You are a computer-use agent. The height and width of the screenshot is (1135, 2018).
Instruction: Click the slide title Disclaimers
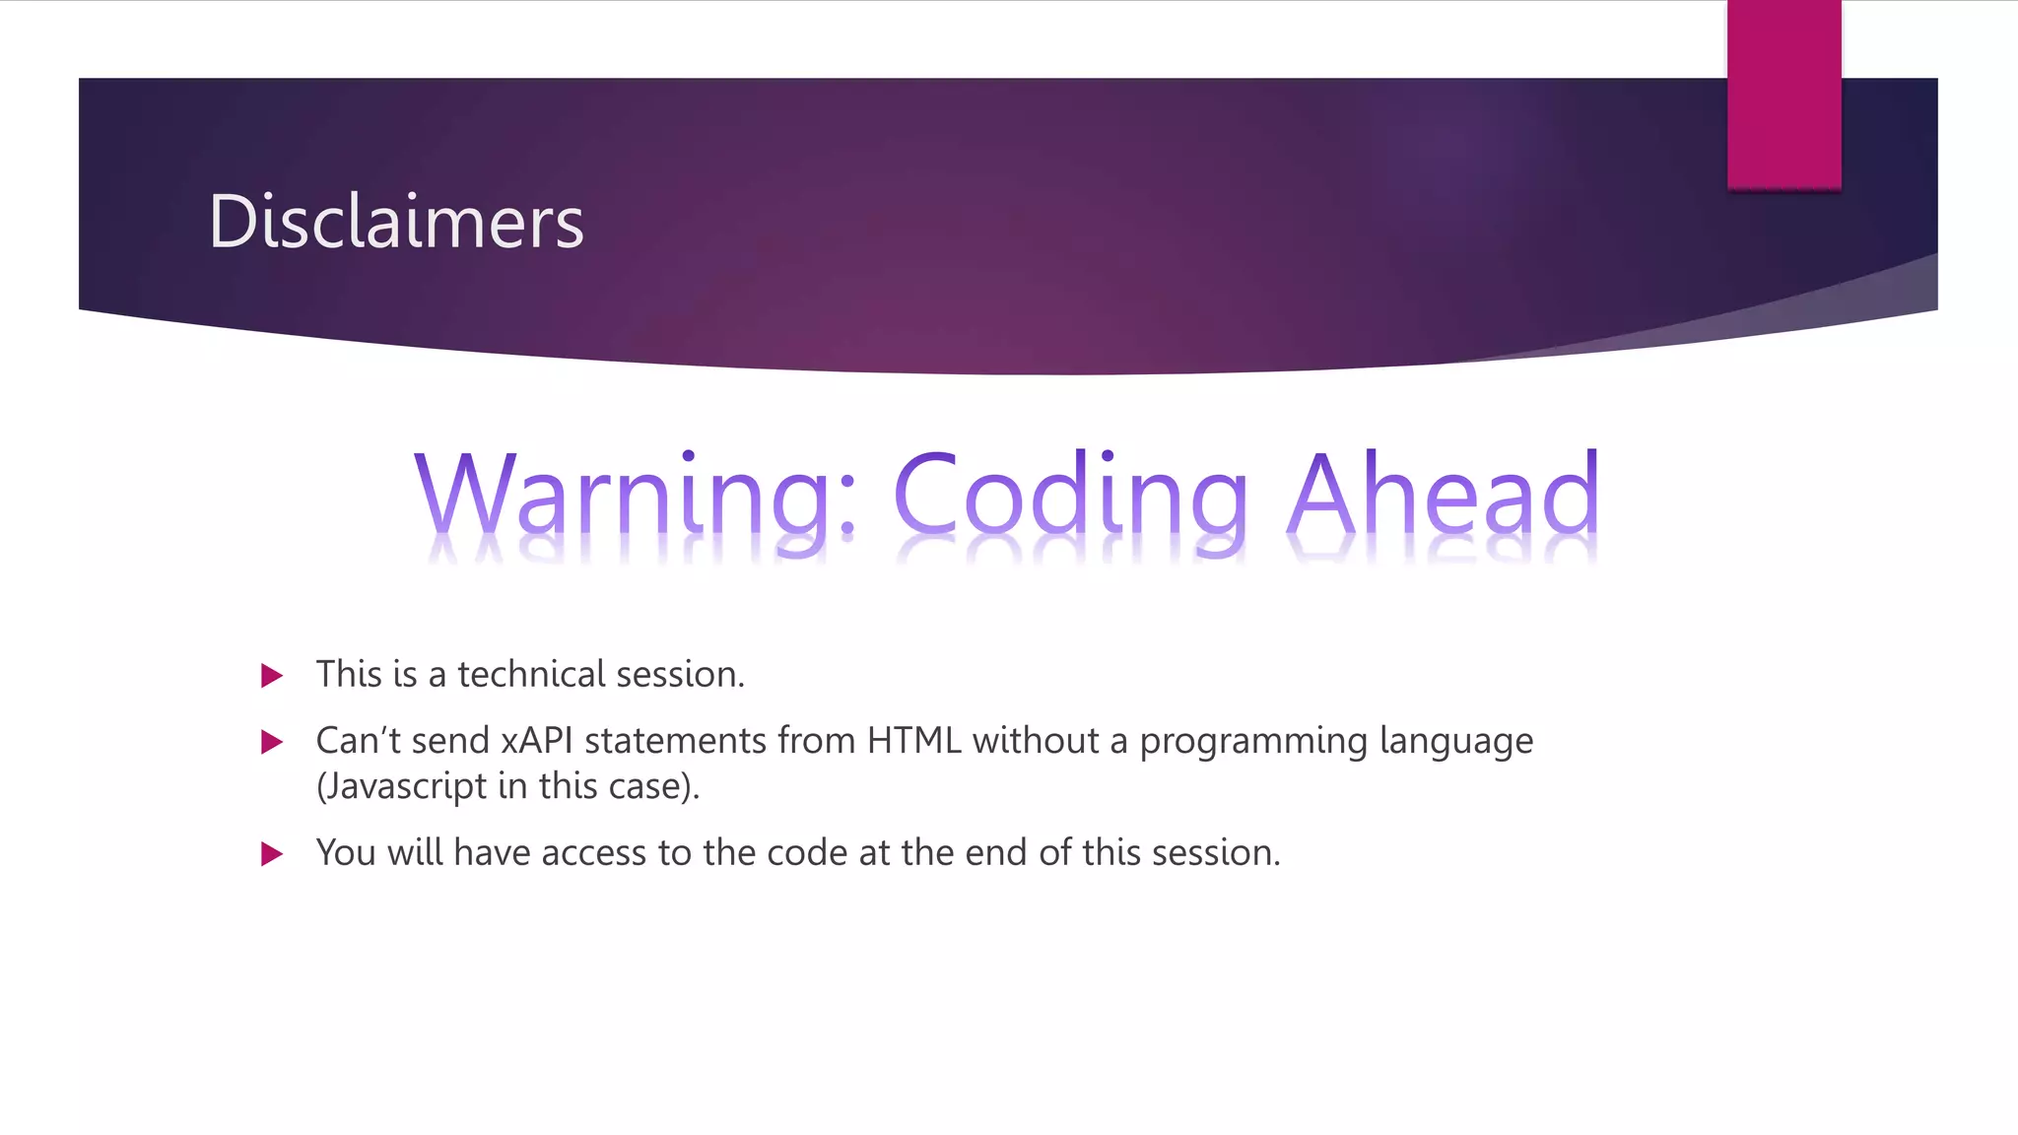(x=396, y=222)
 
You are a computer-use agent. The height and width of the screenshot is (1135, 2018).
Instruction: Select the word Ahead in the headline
(x=1444, y=493)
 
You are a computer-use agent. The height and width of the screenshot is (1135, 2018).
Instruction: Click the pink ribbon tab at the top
(x=1783, y=95)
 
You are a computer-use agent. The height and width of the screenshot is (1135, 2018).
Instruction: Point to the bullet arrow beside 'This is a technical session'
(x=272, y=676)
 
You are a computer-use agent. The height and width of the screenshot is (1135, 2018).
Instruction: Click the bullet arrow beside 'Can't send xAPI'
(x=272, y=742)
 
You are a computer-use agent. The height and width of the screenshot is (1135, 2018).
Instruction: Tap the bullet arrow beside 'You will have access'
(x=272, y=854)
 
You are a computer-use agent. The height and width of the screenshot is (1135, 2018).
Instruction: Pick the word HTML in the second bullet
(x=913, y=741)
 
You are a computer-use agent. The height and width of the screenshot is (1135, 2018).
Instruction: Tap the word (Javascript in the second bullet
(x=402, y=787)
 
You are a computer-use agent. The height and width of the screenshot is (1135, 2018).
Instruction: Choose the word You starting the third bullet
(x=346, y=853)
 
